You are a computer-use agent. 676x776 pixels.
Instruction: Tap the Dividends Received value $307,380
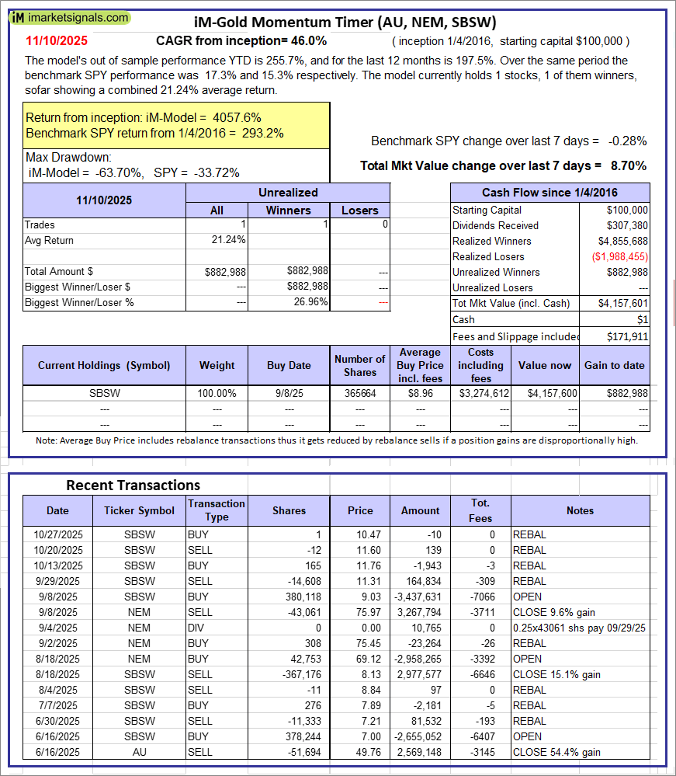628,225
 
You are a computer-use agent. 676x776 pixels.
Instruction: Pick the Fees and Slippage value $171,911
627,336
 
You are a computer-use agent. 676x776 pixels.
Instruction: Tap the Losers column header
359,210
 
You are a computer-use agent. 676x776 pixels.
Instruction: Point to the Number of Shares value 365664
359,394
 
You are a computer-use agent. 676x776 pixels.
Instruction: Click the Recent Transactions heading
133,485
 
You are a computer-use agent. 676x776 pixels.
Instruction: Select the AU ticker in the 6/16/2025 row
140,752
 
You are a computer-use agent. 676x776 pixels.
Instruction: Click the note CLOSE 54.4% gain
557,752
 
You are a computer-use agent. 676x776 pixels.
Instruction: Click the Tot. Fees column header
480,510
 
